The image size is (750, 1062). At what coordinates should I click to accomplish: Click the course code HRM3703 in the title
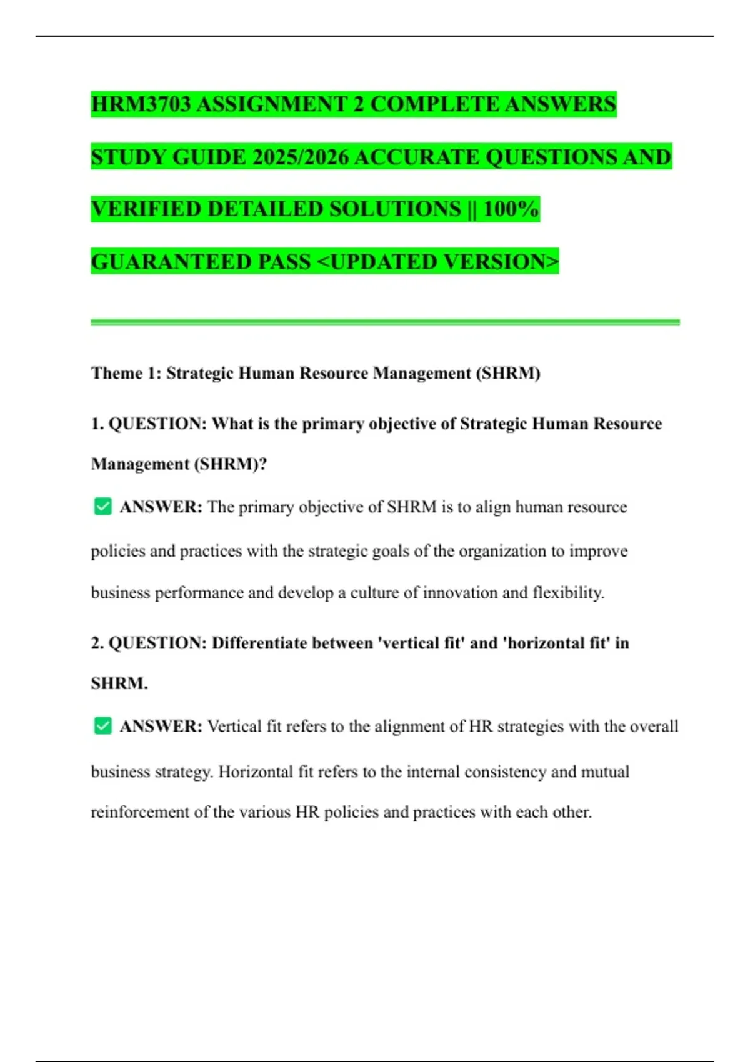click(141, 104)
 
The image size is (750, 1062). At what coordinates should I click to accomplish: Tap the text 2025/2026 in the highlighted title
click(301, 157)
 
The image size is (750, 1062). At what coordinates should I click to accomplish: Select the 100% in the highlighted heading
click(511, 209)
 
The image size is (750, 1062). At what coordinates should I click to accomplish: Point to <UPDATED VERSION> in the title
click(438, 261)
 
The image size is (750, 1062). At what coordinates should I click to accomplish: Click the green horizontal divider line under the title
click(385, 322)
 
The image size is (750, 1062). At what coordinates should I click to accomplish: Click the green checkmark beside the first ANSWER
click(102, 506)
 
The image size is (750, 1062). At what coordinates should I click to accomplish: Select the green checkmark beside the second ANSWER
click(102, 725)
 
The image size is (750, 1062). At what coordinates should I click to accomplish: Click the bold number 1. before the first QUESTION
click(97, 424)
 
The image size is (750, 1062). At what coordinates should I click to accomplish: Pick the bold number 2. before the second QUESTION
click(97, 643)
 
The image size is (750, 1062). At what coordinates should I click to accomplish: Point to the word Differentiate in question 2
click(261, 643)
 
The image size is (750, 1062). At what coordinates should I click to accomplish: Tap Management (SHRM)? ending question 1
click(179, 464)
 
